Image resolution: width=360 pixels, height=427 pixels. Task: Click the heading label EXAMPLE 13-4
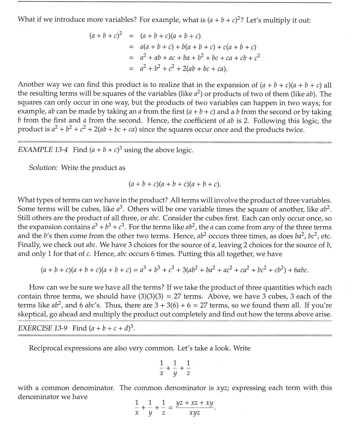click(x=43, y=150)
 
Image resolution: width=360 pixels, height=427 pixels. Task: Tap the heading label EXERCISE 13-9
click(x=43, y=328)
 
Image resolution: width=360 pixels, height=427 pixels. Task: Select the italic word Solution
click(x=43, y=168)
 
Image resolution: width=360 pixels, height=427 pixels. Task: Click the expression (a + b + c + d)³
click(x=111, y=328)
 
